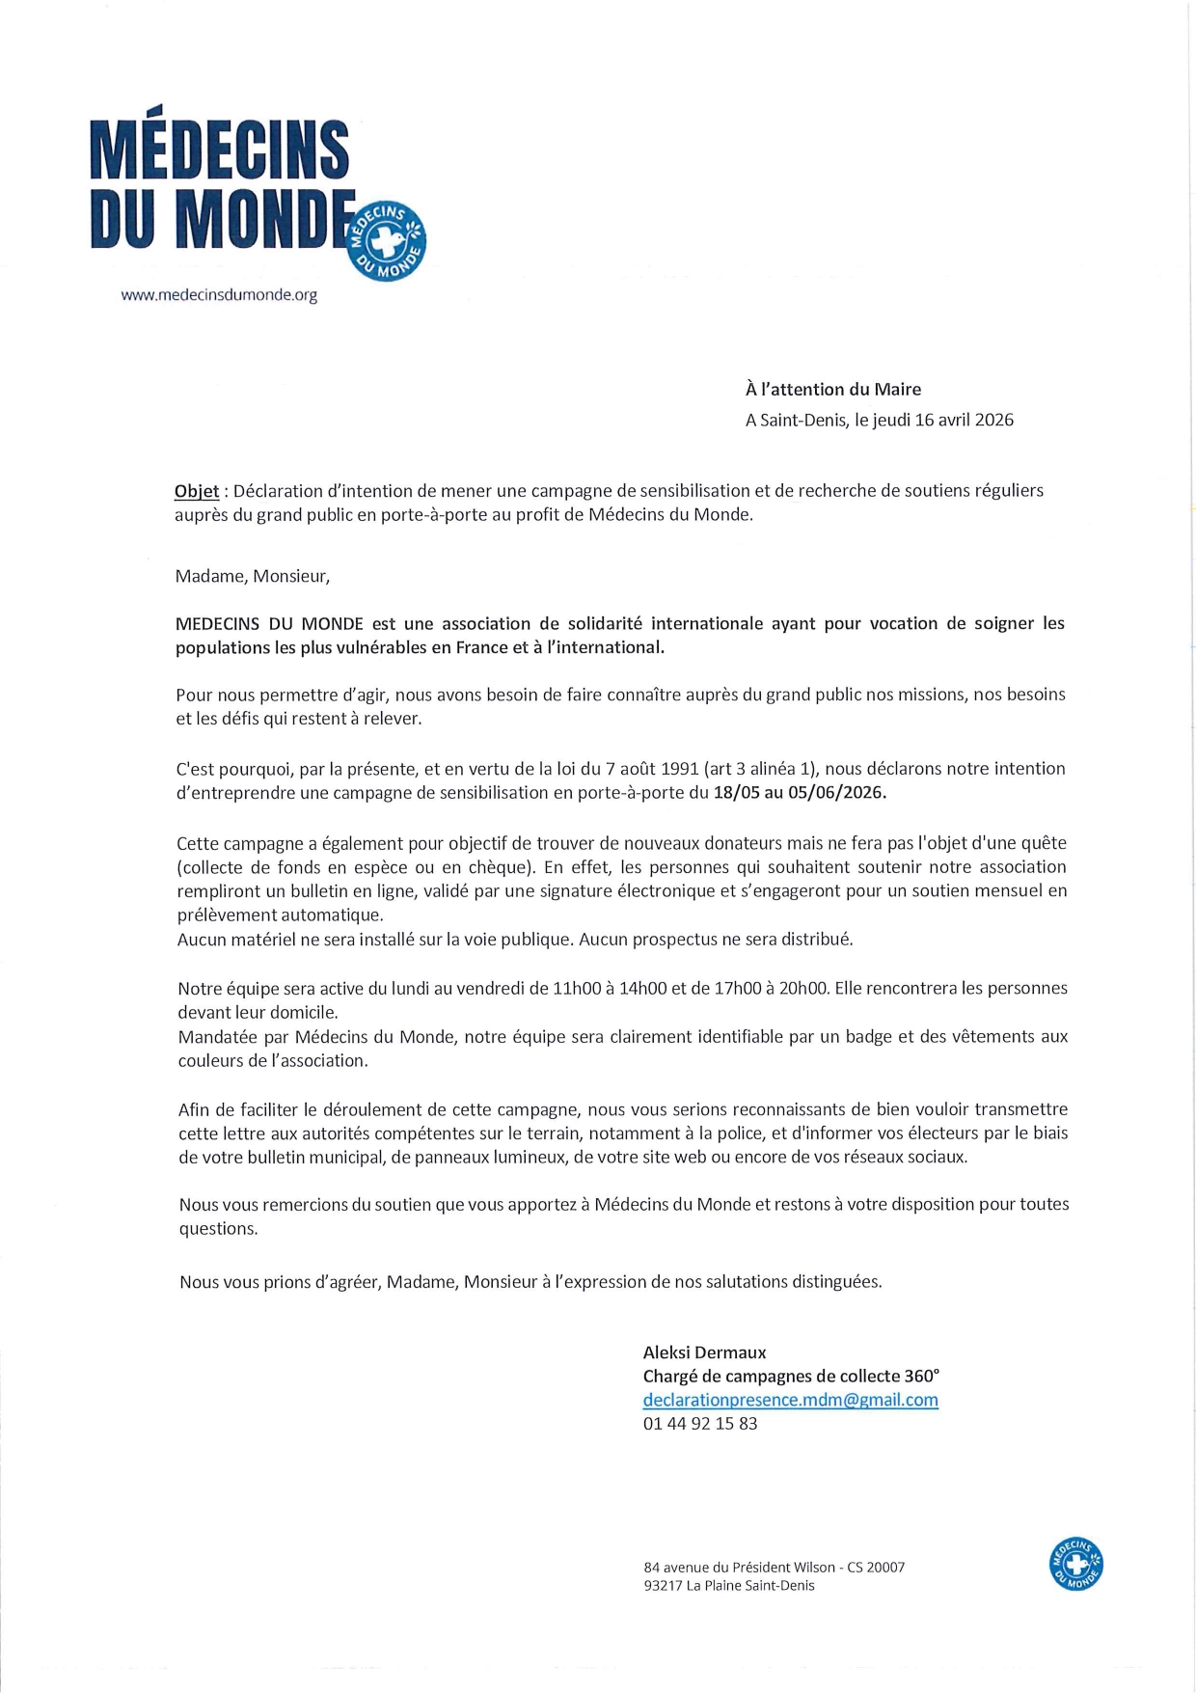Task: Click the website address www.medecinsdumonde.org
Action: pyautogui.click(x=219, y=295)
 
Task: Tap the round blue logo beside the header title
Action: pyautogui.click(x=386, y=242)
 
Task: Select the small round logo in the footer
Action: pyautogui.click(x=1075, y=1564)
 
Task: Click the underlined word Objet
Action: pyautogui.click(x=197, y=491)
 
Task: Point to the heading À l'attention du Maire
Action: pyautogui.click(x=832, y=390)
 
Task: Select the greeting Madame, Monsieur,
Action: pyautogui.click(x=253, y=576)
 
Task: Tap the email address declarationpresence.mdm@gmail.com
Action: pyautogui.click(x=790, y=1400)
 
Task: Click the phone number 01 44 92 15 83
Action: pyautogui.click(x=700, y=1424)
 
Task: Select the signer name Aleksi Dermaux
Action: pyautogui.click(x=704, y=1352)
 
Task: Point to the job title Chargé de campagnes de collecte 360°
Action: pyautogui.click(x=791, y=1377)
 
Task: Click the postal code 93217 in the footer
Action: pyautogui.click(x=663, y=1586)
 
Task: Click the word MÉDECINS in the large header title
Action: pyautogui.click(x=219, y=150)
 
